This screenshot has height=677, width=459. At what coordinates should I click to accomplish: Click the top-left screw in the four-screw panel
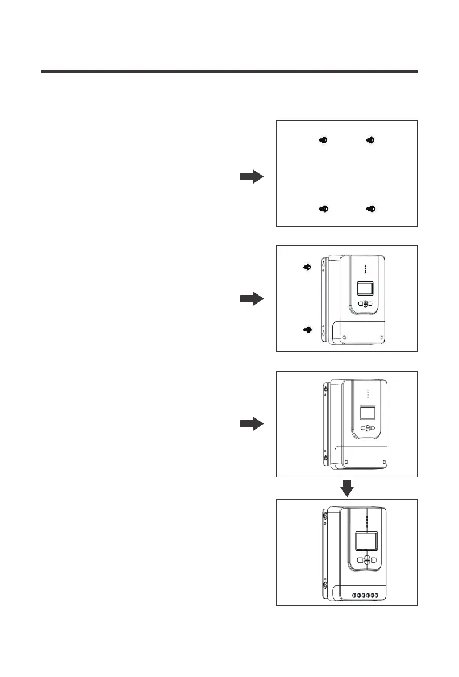[323, 140]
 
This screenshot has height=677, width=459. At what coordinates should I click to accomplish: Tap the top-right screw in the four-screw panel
[370, 140]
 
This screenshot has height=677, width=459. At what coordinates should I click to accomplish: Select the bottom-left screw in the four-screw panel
[323, 209]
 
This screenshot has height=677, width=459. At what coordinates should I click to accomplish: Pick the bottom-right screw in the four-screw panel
[370, 209]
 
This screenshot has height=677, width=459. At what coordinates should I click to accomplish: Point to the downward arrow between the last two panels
[347, 488]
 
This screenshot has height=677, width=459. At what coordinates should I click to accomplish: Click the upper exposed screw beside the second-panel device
[307, 267]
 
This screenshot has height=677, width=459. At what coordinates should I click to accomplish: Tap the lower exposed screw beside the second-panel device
[307, 330]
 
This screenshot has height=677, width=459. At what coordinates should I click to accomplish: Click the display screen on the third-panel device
[368, 413]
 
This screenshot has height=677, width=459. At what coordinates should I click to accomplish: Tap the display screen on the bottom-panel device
[367, 541]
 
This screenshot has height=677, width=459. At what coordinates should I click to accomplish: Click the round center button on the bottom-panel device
[368, 560]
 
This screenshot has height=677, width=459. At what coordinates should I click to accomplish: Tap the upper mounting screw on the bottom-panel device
[324, 515]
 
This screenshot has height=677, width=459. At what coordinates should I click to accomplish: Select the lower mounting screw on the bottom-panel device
[324, 584]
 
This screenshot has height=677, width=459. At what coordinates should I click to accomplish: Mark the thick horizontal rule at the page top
[229, 72]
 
